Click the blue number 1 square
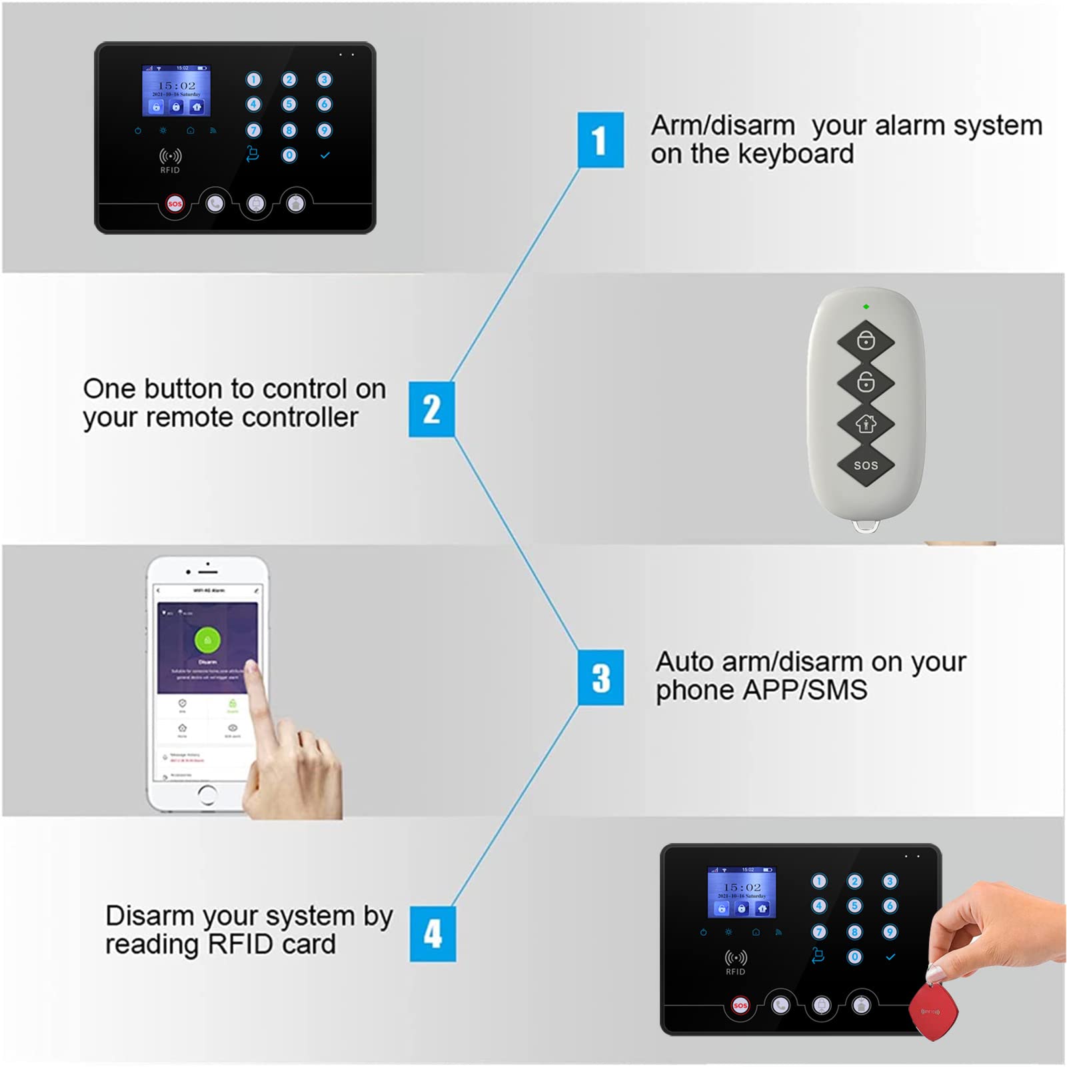pos(600,140)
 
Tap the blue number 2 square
pos(432,409)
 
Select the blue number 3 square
pos(600,677)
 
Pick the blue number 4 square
pos(433,933)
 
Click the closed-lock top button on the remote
pos(866,341)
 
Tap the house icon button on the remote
pos(866,424)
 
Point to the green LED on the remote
pos(866,307)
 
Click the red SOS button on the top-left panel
pos(175,204)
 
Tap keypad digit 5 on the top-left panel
pos(289,104)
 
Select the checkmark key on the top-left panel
pos(325,155)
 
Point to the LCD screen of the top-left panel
pos(176,90)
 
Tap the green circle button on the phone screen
pos(207,640)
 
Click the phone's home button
pos(207,794)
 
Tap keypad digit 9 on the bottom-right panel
pos(890,932)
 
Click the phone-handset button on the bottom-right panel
pos(780,1005)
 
